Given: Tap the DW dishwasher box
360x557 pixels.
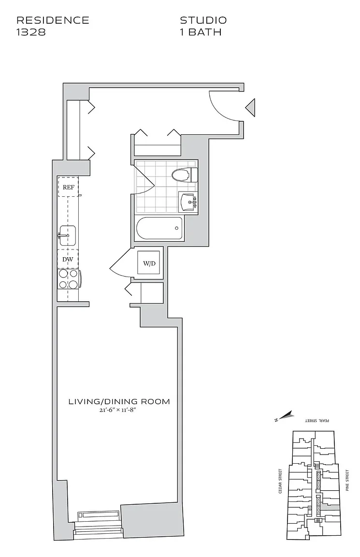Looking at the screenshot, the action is click(68, 260).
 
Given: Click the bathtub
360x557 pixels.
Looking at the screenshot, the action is click(159, 229).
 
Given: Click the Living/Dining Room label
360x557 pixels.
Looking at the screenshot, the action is click(119, 402).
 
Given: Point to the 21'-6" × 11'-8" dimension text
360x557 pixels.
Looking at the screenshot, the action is click(119, 410).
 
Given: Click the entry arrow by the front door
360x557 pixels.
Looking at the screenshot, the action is click(250, 107).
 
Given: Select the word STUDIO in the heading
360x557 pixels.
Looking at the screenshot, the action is click(203, 20).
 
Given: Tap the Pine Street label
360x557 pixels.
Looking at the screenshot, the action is click(347, 480).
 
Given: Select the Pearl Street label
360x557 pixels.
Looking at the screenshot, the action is click(317, 421).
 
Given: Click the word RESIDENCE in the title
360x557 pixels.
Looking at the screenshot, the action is click(53, 20).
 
